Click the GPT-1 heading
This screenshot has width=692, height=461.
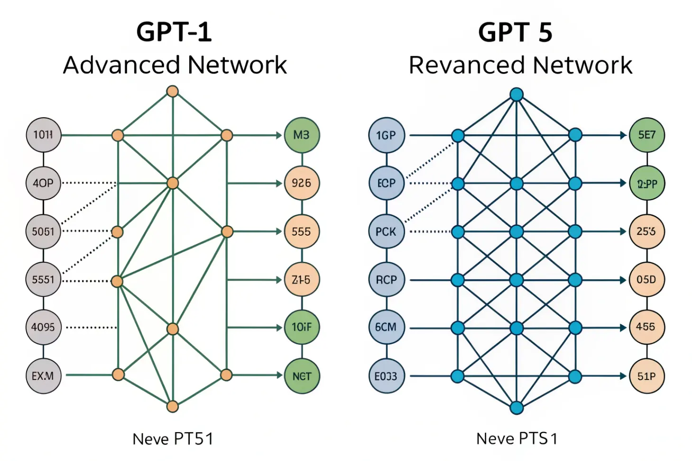(x=174, y=32)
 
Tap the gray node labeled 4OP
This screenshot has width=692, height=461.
(x=43, y=183)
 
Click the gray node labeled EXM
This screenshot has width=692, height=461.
(x=43, y=376)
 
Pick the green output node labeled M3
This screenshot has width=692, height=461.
(x=302, y=135)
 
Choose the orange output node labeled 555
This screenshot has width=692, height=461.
(x=302, y=231)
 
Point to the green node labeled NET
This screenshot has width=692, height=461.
(x=302, y=376)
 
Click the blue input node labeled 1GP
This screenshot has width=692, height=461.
(x=386, y=135)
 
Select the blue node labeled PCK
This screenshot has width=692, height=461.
(x=386, y=231)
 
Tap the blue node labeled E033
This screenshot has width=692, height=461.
(x=386, y=376)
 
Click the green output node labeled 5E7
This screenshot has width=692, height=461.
(x=646, y=135)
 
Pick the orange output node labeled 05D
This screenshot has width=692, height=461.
(x=646, y=279)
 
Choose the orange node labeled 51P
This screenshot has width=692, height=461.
(x=646, y=376)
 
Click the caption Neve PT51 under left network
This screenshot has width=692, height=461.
(x=173, y=439)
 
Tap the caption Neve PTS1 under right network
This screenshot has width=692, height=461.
(x=517, y=439)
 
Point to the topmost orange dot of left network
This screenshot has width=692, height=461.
(x=173, y=91)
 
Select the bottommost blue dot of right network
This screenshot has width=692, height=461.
(x=517, y=407)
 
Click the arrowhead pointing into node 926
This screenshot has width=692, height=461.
(x=279, y=183)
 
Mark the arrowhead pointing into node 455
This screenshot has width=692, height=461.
(x=623, y=328)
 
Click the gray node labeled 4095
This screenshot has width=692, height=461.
(x=43, y=327)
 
